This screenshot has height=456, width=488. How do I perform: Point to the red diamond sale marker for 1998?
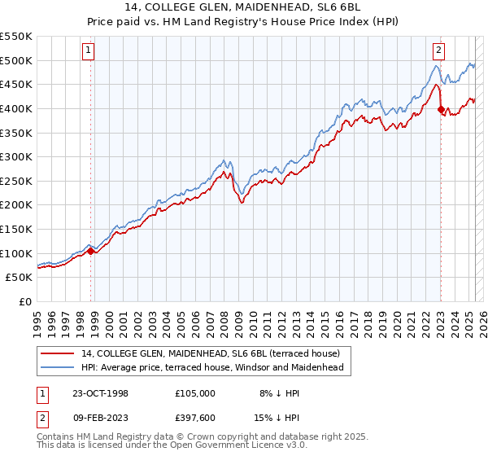click(91, 251)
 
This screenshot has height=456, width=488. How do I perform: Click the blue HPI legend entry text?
click(212, 367)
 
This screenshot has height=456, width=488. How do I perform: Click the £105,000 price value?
click(195, 393)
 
